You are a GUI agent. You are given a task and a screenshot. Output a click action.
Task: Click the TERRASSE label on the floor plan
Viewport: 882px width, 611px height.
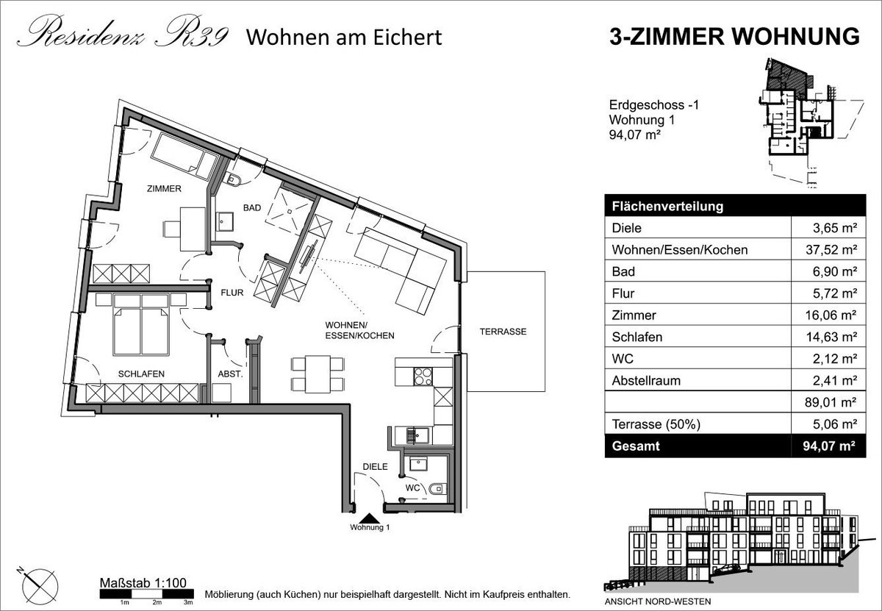click(503, 332)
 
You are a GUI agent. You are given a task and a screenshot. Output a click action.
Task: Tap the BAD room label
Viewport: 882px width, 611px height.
click(252, 207)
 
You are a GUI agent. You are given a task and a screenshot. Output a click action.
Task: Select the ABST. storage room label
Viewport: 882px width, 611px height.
click(230, 374)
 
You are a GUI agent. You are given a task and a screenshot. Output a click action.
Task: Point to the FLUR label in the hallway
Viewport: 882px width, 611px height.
click(232, 293)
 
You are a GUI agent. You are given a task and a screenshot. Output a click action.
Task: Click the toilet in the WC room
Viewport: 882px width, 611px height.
click(437, 489)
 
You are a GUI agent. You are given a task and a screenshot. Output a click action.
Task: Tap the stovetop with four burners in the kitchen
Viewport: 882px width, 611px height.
click(423, 376)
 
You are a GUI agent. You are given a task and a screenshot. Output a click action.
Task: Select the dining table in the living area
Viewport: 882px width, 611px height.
click(318, 374)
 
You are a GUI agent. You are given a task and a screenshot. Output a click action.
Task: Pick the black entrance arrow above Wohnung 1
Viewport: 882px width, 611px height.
click(369, 518)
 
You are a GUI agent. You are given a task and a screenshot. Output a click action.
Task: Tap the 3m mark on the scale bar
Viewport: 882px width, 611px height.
click(188, 603)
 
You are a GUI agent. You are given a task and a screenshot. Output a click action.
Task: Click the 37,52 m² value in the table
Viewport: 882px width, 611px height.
click(831, 250)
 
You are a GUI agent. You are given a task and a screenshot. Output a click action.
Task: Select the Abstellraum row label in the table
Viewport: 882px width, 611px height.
click(646, 381)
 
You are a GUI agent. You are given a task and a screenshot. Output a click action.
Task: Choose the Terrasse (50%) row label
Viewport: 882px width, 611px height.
click(656, 424)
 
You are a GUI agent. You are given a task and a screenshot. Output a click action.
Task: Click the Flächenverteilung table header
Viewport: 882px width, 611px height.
click(668, 207)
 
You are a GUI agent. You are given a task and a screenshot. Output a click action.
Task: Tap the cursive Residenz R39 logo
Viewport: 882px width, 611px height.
click(123, 32)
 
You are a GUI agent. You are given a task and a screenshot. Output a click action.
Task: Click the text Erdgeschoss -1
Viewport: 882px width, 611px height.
click(654, 105)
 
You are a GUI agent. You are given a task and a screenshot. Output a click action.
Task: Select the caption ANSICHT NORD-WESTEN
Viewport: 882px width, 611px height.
click(658, 601)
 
